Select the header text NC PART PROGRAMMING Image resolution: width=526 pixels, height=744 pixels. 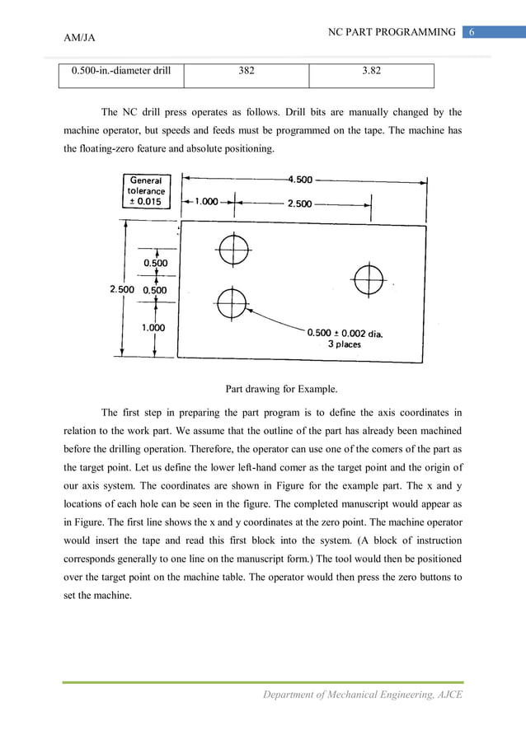(392, 32)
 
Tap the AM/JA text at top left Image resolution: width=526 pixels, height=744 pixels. (81, 38)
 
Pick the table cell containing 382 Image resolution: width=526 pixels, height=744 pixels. (246, 71)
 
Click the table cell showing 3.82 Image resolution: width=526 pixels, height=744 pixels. (371, 71)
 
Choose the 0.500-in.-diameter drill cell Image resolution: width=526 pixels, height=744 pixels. (121, 71)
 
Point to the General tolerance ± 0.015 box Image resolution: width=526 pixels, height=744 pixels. (146, 191)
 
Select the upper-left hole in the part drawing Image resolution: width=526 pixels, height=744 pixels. (233, 248)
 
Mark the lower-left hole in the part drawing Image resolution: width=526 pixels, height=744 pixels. (232, 302)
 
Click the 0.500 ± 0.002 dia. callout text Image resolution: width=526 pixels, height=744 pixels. (345, 333)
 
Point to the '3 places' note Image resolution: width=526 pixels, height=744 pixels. (345, 344)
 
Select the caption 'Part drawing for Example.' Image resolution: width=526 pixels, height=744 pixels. (281, 389)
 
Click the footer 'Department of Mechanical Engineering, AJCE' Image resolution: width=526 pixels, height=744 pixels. (363, 695)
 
